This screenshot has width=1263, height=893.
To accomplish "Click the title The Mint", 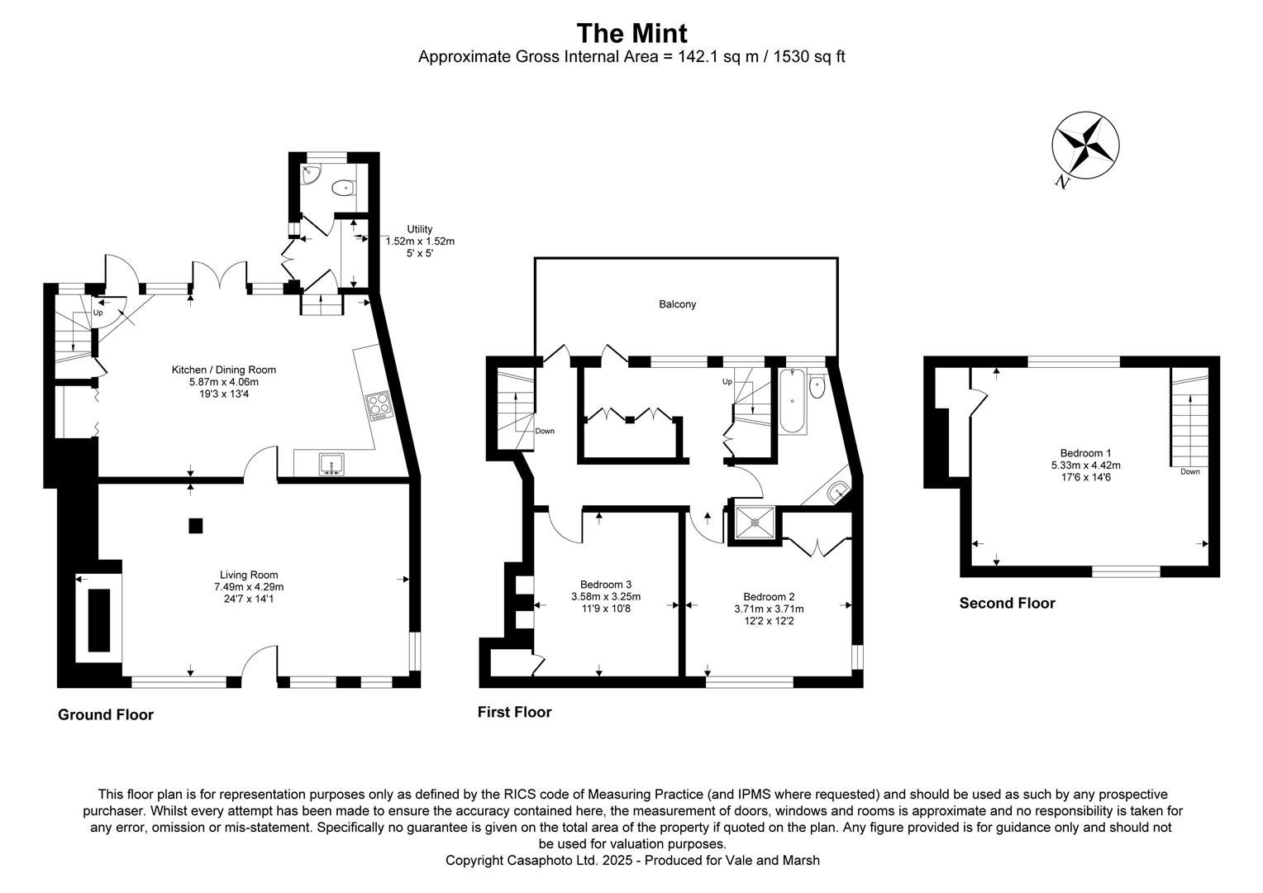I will [631, 33].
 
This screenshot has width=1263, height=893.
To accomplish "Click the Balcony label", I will [677, 304].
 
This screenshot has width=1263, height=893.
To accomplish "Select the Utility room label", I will [419, 229].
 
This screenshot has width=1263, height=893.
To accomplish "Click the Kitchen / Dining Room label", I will [223, 370].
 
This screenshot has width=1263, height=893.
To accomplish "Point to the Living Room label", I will [249, 575].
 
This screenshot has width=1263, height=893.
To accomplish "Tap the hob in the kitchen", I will [379, 404].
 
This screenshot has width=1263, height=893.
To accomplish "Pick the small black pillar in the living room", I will [195, 525].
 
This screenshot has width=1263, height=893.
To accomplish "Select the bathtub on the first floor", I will [793, 401].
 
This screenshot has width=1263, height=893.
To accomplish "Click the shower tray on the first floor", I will [754, 522].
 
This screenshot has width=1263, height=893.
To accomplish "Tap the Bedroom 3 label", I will [606, 584].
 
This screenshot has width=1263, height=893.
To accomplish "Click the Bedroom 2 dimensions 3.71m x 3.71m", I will [769, 609].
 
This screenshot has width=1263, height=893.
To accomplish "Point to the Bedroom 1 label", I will [1085, 453].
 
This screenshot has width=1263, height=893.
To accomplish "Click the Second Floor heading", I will [1007, 604].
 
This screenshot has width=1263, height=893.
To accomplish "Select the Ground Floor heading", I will [106, 715].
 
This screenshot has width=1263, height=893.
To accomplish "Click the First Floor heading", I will [514, 713].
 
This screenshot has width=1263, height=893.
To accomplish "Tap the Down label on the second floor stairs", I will [1189, 472].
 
